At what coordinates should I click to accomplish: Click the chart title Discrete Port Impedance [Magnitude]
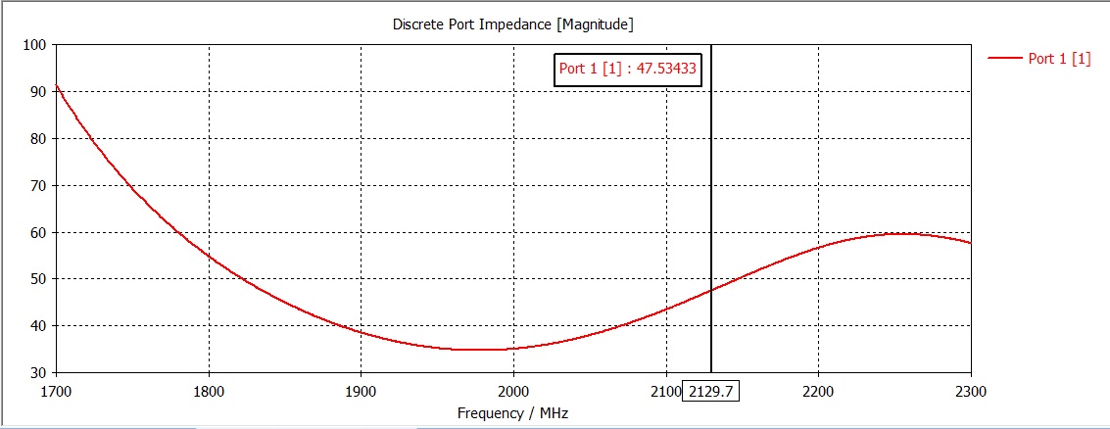point(513,24)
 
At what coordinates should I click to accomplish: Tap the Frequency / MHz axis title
point(512,413)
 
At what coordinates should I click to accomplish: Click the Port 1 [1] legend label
point(1059,59)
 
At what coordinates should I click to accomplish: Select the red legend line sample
point(1004,59)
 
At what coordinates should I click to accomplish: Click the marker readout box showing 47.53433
point(628,70)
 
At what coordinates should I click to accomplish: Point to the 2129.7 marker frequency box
point(711,392)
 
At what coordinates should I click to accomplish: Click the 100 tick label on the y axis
point(35,45)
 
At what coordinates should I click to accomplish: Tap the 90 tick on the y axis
point(38,92)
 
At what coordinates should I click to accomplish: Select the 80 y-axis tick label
point(38,139)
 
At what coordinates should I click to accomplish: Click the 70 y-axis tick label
point(38,185)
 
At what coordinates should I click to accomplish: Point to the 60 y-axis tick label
point(38,232)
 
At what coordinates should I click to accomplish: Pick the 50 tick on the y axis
point(38,279)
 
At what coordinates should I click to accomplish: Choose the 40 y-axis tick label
point(38,326)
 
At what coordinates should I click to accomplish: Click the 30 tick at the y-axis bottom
point(38,372)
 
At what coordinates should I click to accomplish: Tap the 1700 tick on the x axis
point(56,392)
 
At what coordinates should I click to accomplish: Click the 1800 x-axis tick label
point(209,392)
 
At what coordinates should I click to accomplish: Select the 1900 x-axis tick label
point(362,392)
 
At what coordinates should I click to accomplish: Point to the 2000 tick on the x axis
point(513,392)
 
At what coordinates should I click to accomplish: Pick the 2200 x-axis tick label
point(818,392)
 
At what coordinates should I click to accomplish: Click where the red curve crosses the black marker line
point(711,290)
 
